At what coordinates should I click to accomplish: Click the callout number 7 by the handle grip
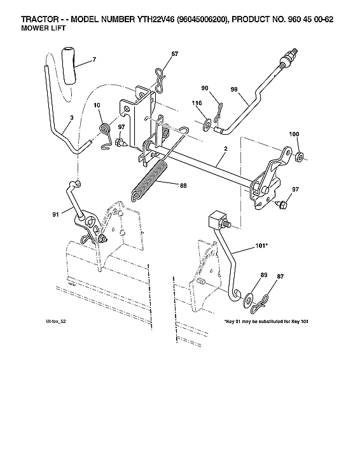(x=93, y=59)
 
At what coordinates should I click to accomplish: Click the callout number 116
(x=197, y=102)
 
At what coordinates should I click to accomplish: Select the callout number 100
(x=293, y=134)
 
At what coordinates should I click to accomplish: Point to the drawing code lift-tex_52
(x=55, y=322)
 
